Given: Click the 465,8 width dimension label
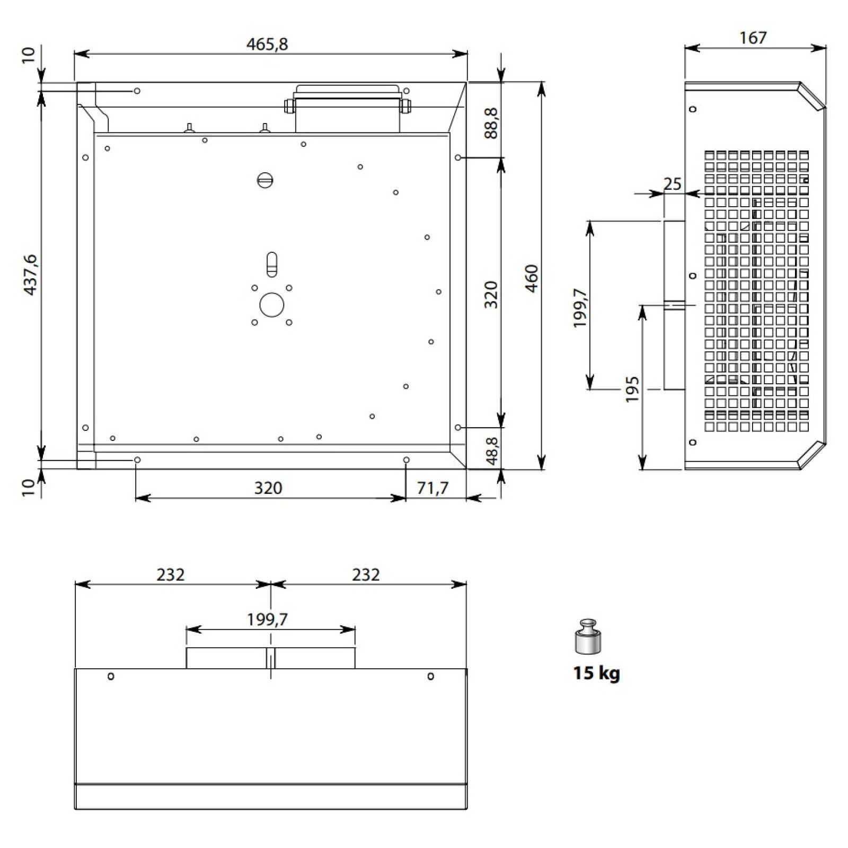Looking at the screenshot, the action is [267, 44].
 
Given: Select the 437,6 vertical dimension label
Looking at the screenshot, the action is [30, 275].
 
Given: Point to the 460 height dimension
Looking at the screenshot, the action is [531, 278].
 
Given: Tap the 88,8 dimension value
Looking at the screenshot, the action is [491, 123].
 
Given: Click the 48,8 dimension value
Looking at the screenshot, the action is [492, 450].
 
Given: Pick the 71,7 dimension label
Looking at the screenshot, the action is [432, 488].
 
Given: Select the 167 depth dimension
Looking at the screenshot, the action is [753, 38].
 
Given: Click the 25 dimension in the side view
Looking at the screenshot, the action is [672, 184].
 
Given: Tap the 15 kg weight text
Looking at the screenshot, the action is [596, 673].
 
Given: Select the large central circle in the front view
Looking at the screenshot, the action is [271, 305].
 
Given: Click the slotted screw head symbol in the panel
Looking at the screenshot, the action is [265, 180].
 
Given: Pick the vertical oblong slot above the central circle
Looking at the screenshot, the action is [271, 264].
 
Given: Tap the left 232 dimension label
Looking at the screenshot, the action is [171, 575].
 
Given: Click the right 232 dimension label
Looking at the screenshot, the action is [366, 575].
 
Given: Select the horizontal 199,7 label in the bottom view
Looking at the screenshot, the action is [267, 619].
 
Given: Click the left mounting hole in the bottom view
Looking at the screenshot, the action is [111, 676].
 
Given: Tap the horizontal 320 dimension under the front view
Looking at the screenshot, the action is [268, 488].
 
